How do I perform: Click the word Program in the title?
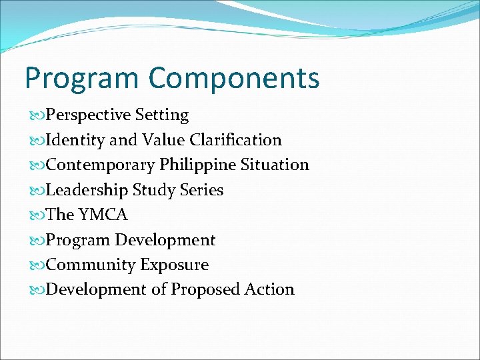(82, 79)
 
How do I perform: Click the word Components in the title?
(234, 79)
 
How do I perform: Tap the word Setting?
(162, 115)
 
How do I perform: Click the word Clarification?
(235, 140)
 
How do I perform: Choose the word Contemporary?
(100, 165)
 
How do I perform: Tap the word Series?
(201, 190)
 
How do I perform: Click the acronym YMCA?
(103, 215)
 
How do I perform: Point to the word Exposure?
(175, 265)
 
